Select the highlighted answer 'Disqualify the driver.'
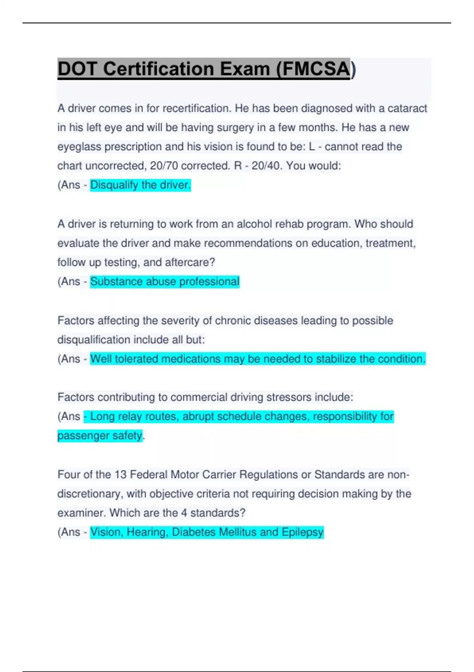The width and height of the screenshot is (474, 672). pos(140,185)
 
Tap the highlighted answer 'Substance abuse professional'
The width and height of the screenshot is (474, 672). pos(164,281)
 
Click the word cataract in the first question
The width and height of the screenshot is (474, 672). pos(407,108)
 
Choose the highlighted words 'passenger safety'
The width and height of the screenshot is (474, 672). pos(100,436)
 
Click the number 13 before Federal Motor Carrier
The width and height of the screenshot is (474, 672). pos(120,474)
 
